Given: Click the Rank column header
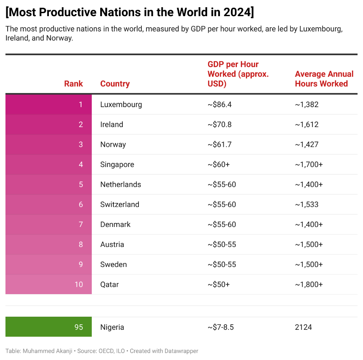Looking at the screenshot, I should pos(73,84).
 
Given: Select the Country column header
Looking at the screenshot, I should pos(115,84).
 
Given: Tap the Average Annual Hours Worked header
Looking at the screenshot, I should pos(321,79).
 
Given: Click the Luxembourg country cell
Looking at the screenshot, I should pos(121,105).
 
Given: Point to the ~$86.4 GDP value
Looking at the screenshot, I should pos(219,105).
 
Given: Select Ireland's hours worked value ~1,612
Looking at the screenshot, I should pos(307,125).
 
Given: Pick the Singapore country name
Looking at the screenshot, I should pos(117,164).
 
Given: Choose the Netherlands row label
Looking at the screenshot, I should pos(121,184).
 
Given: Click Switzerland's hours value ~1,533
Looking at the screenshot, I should pos(307,204).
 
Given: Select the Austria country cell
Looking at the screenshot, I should pos(112,244).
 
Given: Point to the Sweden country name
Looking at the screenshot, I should pos(113,264).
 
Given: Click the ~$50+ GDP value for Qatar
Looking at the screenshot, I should pos(218,284).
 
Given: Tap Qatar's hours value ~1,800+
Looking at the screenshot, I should pos(309,284).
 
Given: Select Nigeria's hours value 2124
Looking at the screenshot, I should pos(303,327).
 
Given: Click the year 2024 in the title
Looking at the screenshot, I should pos(235,12).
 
